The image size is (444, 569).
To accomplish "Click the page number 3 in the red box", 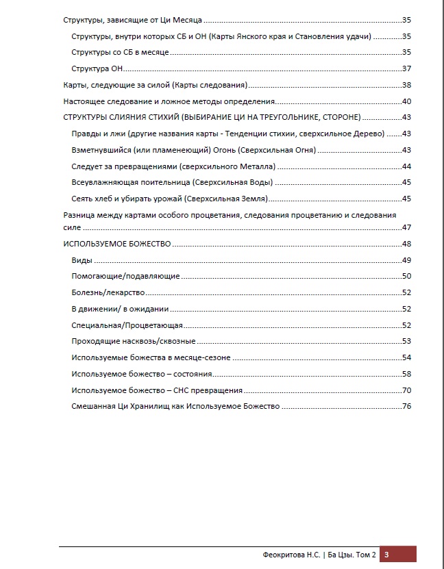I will [x=387, y=555].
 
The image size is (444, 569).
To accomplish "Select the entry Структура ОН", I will [x=97, y=68].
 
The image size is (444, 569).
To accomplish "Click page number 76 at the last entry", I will [x=406, y=407].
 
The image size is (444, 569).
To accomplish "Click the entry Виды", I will [x=82, y=260].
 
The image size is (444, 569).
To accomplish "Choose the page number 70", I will [x=406, y=390].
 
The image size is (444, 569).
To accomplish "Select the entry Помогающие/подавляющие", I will [x=125, y=276].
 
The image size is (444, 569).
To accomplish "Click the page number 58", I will [x=406, y=374].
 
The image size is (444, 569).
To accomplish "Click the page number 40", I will [x=406, y=101].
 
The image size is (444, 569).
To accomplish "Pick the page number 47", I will [x=406, y=227].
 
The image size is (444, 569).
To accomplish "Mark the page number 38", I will [x=406, y=85].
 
